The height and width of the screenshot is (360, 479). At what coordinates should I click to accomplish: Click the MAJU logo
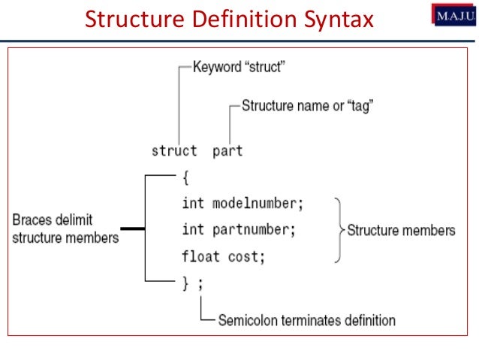(453, 15)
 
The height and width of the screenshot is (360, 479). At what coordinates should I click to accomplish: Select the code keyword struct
(174, 150)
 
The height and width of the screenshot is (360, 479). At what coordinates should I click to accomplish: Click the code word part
(227, 150)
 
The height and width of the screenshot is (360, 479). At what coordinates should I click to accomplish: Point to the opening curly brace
(185, 177)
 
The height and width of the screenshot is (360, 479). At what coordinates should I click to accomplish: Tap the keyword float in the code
(200, 256)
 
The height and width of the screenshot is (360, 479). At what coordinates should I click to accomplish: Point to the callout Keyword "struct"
(239, 67)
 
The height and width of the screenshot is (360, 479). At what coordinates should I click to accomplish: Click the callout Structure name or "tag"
(308, 106)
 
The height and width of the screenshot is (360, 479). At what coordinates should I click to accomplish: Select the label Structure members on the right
(401, 230)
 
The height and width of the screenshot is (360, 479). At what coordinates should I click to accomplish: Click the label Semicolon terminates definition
(306, 320)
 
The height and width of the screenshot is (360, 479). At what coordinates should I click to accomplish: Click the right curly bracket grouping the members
(339, 230)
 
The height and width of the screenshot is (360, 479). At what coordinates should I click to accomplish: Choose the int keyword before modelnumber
(193, 203)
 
